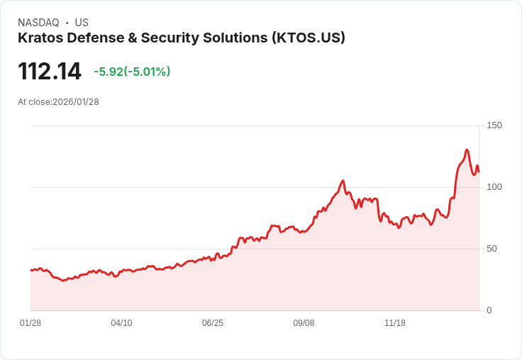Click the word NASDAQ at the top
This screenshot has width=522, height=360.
pos(38,23)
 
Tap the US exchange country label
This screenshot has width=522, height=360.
pos(82,23)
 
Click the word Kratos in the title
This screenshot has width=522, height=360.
pos(40,38)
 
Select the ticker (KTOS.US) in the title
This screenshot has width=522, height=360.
pos(308,38)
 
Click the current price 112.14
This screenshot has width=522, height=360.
pos(50,72)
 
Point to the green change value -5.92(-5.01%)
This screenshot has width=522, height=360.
pos(132,72)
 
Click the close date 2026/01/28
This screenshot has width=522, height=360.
pos(76,102)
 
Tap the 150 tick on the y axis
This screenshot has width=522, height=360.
pos(494,125)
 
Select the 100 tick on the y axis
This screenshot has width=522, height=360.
pos(494,187)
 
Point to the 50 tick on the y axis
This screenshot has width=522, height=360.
pos(492,249)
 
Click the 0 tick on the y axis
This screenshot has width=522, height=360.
pos(489,310)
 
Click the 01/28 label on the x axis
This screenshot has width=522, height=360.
pos(30,323)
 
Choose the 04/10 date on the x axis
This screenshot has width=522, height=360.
pos(121,323)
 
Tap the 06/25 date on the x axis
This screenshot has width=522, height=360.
pos(213,323)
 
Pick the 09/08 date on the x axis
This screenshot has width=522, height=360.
pos(304,323)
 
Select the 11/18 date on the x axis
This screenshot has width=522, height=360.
pos(395,323)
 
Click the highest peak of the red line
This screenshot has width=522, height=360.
pos(467,150)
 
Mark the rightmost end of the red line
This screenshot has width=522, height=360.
pos(479,171)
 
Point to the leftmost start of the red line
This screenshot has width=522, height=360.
pos(30,270)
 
